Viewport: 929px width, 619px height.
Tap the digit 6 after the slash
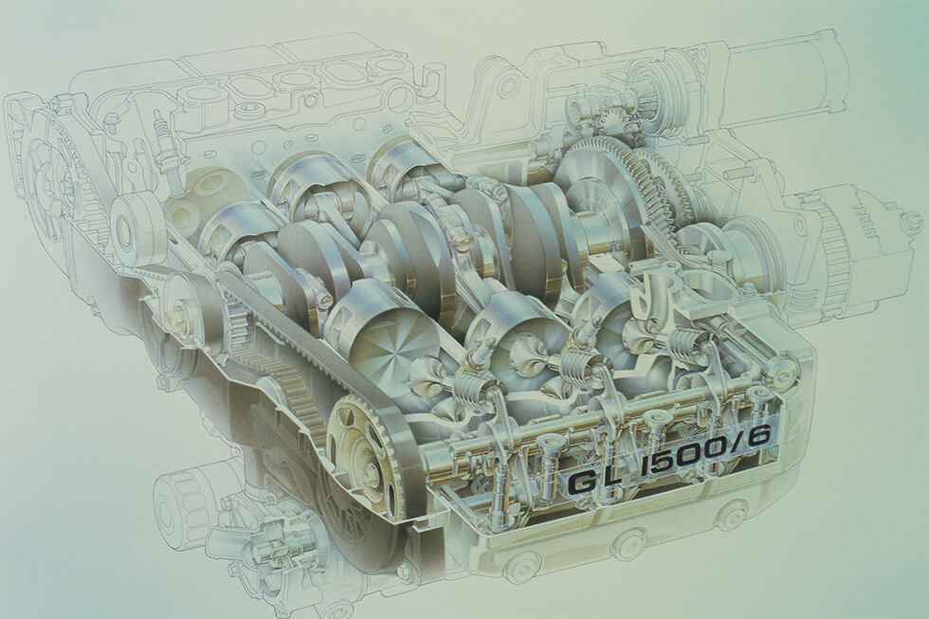[757, 437]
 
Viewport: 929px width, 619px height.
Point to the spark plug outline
[165, 151]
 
